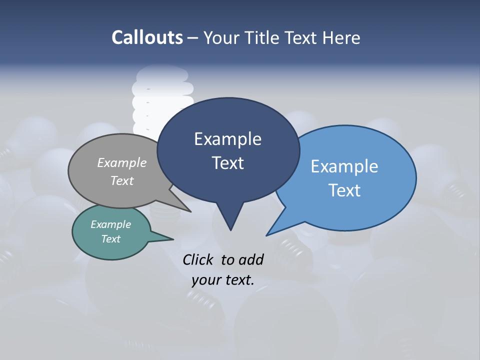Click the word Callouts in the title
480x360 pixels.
click(x=147, y=37)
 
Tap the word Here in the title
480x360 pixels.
click(x=341, y=37)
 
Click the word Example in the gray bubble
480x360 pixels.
click(x=122, y=162)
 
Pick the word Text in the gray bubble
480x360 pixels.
click(x=122, y=180)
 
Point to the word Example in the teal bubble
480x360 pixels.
click(x=110, y=224)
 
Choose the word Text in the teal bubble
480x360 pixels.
click(x=110, y=239)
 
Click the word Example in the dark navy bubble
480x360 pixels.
click(x=227, y=139)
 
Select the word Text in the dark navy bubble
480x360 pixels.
click(x=227, y=163)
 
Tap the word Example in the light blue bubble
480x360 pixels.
click(x=344, y=166)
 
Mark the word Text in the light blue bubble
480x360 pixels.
click(x=344, y=190)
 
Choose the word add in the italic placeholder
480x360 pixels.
click(x=251, y=260)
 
